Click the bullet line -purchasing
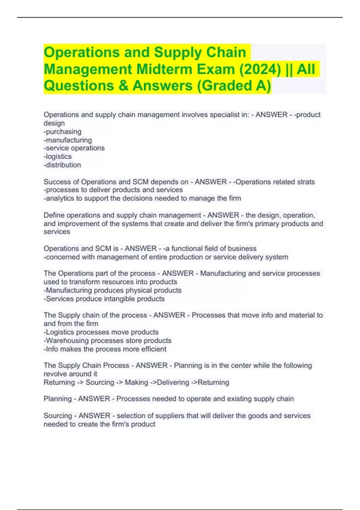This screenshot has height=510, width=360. (63, 131)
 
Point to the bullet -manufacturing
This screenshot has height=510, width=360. (68, 140)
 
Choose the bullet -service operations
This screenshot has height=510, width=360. (74, 148)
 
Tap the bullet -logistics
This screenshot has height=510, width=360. (58, 156)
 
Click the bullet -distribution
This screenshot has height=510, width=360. (62, 165)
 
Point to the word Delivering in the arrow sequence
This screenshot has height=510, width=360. (173, 382)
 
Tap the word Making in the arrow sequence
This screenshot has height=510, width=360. (136, 382)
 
